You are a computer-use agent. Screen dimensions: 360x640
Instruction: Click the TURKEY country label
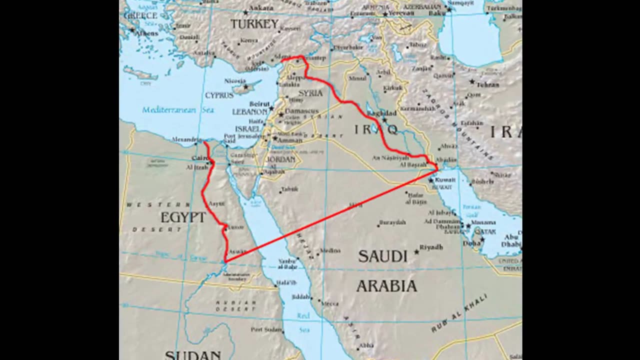(x=254, y=24)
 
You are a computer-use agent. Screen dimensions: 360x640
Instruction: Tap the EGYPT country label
(x=183, y=217)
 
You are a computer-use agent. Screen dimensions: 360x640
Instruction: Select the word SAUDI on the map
(x=382, y=256)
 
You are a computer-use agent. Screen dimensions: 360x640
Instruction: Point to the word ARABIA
(x=386, y=286)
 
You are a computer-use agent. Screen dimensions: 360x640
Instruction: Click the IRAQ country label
(x=376, y=130)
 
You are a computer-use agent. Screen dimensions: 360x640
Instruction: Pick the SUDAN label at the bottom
(x=192, y=355)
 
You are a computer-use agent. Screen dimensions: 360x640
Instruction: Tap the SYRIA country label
(x=310, y=93)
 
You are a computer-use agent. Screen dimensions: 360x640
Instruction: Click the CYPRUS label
(x=219, y=95)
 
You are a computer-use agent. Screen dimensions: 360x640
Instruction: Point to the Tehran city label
(x=487, y=84)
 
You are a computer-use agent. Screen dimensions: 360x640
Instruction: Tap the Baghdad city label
(x=381, y=113)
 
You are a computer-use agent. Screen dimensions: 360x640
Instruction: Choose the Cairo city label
(x=199, y=158)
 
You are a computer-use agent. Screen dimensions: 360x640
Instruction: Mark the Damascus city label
(x=301, y=110)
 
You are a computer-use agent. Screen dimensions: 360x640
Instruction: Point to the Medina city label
(x=330, y=250)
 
